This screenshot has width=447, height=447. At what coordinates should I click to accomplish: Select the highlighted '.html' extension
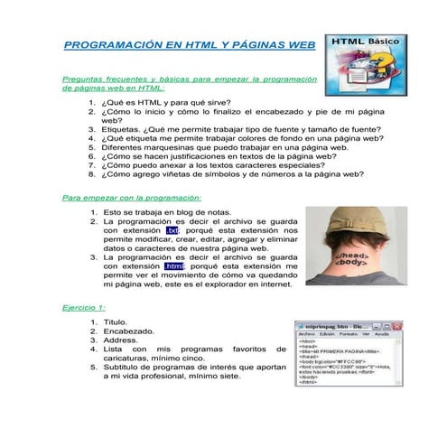click(x=174, y=266)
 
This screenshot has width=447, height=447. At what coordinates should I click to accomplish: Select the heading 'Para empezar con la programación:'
click(x=131, y=197)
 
